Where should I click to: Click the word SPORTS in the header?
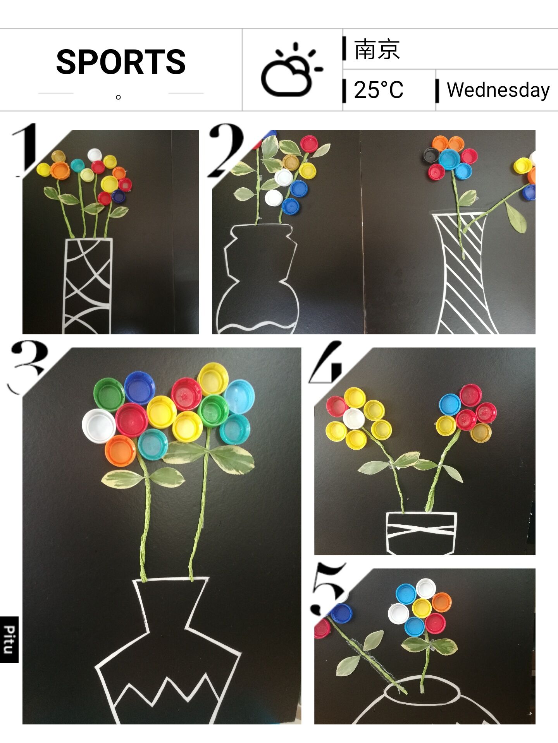(121, 62)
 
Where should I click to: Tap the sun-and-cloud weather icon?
(291, 70)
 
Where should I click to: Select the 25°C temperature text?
(379, 90)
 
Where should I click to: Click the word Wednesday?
(498, 90)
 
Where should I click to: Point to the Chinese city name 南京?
(377, 49)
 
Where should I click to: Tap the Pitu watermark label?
(9, 640)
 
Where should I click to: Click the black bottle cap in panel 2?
(431, 156)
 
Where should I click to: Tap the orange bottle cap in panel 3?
(120, 450)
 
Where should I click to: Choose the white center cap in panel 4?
(354, 418)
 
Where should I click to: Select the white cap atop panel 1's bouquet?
(94, 155)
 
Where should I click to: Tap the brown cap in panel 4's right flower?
(481, 432)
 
